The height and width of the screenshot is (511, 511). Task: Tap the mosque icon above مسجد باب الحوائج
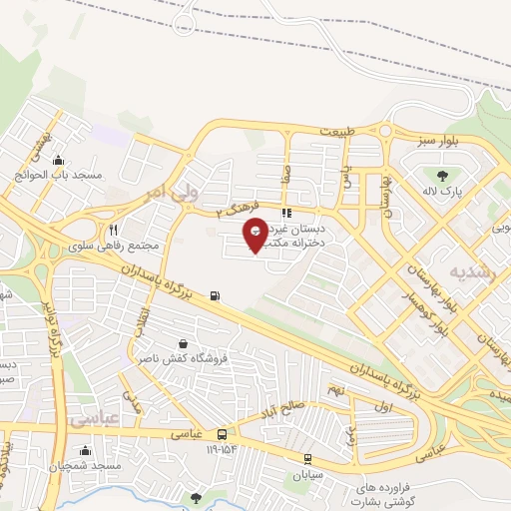pyautogui.click(x=58, y=160)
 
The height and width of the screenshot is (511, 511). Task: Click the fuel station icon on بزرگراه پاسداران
pyautogui.click(x=217, y=295)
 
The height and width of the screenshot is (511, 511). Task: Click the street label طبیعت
pyautogui.click(x=337, y=131)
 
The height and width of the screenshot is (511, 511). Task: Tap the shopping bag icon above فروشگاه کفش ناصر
pyautogui.click(x=180, y=341)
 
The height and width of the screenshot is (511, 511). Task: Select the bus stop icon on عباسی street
pyautogui.click(x=222, y=434)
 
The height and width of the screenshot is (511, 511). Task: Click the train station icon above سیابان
pyautogui.click(x=306, y=458)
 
